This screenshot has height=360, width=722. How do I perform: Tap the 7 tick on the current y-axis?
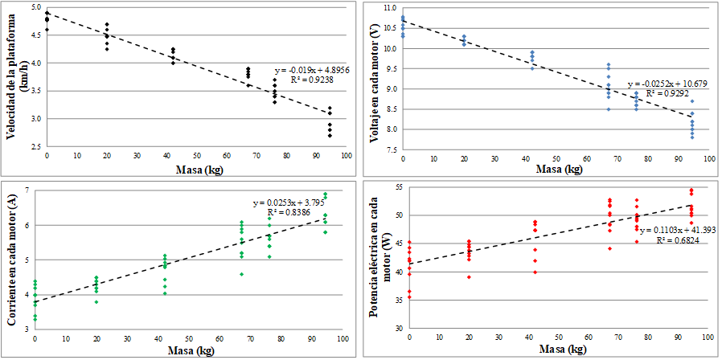click(x=27, y=190)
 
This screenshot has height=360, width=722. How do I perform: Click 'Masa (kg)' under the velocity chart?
click(x=195, y=170)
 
